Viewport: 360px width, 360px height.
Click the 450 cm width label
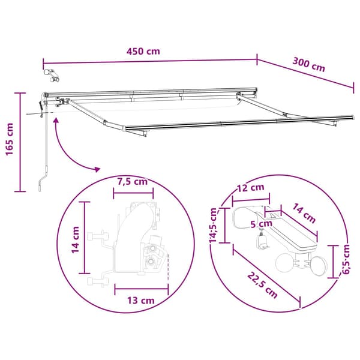(x=143, y=51)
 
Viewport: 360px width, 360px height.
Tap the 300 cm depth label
(x=309, y=65)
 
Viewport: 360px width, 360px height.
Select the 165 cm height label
(x=10, y=139)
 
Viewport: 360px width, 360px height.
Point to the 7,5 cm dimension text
(x=133, y=182)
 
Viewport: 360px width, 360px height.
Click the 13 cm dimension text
(x=141, y=301)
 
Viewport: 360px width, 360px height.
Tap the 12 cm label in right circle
(x=250, y=188)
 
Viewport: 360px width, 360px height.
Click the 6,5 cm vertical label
(x=346, y=259)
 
